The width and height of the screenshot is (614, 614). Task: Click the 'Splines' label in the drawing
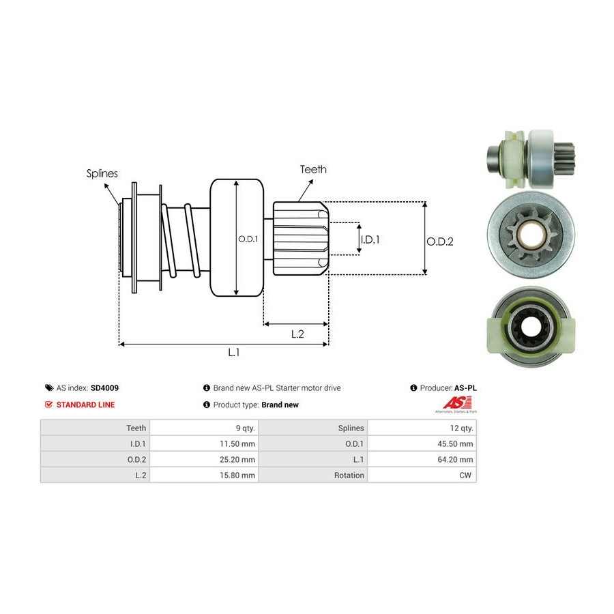point(102,173)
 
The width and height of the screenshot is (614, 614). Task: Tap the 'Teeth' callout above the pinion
point(313,169)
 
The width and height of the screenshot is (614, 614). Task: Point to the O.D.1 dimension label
point(246,239)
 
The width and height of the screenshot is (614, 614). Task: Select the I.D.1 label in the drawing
point(369,239)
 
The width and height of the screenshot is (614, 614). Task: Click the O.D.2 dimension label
point(440,241)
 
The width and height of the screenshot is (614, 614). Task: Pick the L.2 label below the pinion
point(297,334)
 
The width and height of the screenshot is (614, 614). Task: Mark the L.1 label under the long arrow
point(233,353)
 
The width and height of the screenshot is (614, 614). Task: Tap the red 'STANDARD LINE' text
point(85,405)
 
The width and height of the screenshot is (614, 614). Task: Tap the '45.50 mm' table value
point(456,443)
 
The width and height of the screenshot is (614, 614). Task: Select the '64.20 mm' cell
point(456,459)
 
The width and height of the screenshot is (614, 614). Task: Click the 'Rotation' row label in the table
point(349,475)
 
